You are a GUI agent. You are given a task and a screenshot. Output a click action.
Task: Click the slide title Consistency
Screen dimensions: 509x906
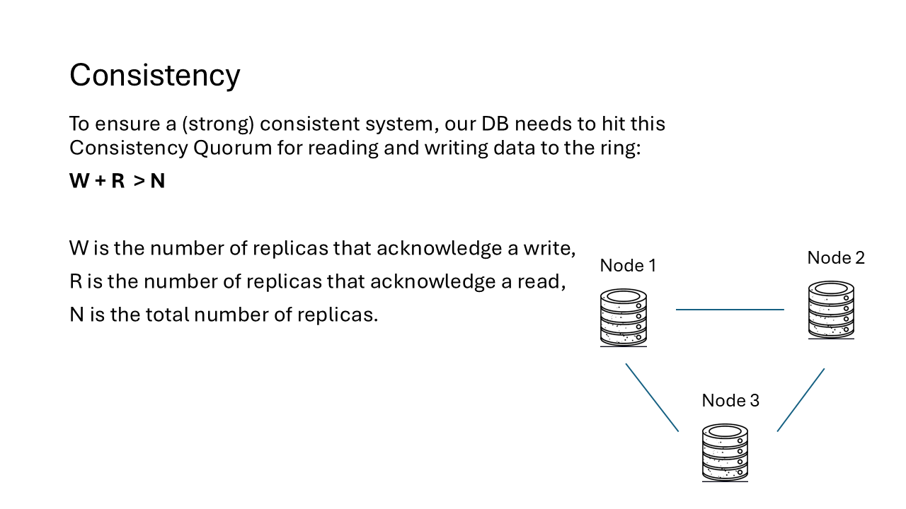tap(154, 75)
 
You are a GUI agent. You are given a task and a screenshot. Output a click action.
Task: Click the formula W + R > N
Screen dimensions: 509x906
tap(117, 181)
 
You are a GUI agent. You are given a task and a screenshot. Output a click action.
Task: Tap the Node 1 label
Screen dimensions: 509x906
tap(628, 266)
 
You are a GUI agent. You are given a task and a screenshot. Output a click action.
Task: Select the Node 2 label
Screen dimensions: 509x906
tap(836, 258)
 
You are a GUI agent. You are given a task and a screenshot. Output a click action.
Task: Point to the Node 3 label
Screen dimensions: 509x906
tap(730, 401)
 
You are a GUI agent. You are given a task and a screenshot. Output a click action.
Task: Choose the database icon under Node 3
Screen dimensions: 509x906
tap(725, 452)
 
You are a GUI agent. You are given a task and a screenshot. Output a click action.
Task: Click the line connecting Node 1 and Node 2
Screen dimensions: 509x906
tap(730, 310)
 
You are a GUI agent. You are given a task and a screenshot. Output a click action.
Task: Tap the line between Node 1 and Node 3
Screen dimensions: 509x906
tap(652, 397)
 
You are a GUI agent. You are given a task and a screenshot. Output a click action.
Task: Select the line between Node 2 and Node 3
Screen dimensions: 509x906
tap(801, 400)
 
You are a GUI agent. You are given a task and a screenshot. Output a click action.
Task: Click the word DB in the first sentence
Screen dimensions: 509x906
tap(495, 124)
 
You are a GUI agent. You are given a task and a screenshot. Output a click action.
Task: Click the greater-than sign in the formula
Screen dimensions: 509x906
tap(139, 182)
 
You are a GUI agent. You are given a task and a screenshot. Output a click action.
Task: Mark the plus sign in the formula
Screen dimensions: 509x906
tap(100, 182)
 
